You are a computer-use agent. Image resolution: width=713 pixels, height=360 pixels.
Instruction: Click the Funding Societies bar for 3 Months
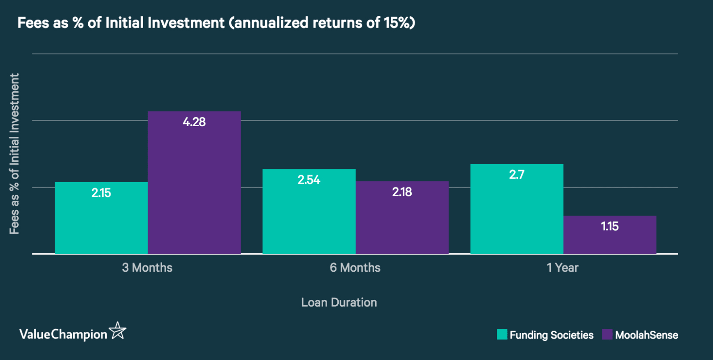(x=101, y=218)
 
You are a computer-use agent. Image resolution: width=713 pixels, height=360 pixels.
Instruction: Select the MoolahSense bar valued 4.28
(x=194, y=183)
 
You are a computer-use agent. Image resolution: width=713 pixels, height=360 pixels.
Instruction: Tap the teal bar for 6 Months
(x=309, y=212)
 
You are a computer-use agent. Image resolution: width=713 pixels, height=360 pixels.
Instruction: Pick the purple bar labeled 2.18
(x=402, y=218)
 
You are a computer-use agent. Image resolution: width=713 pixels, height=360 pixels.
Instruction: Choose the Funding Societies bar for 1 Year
(x=517, y=209)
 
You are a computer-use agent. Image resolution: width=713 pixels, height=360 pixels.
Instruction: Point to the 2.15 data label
(x=101, y=193)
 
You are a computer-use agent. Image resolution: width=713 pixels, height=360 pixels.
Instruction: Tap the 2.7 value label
(x=517, y=175)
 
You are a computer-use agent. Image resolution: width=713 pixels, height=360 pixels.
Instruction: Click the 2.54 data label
(x=309, y=180)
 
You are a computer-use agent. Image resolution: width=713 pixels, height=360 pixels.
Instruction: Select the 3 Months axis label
(x=147, y=268)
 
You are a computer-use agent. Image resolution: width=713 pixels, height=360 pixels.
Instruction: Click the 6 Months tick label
(x=355, y=268)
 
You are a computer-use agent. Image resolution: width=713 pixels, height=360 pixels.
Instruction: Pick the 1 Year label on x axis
(x=562, y=268)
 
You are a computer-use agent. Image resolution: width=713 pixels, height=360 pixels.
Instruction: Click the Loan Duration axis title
(x=339, y=303)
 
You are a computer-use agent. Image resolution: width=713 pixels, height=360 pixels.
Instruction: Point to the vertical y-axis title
(x=14, y=154)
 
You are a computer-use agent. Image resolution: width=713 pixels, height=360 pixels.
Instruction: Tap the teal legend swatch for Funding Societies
(x=502, y=335)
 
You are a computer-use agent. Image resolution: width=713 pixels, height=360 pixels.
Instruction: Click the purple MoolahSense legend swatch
(x=607, y=335)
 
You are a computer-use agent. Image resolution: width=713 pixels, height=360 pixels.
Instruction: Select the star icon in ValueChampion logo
(x=118, y=331)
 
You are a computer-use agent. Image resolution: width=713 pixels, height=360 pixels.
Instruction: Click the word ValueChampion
(x=63, y=335)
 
